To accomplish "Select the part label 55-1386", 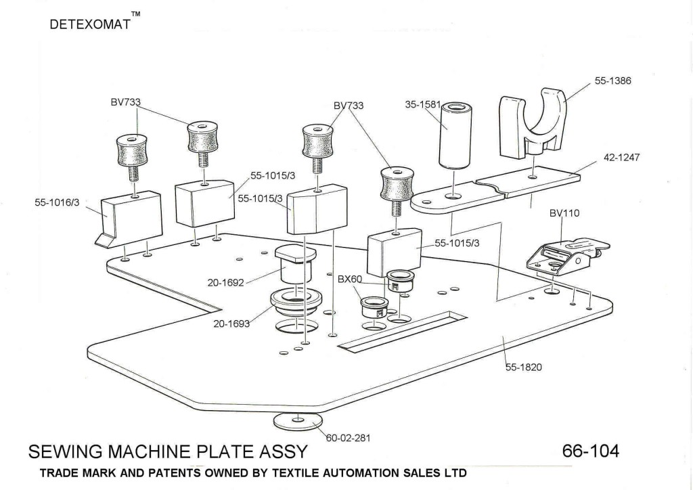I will pyautogui.click(x=612, y=81).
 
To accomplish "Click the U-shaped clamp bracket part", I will pyautogui.click(x=531, y=122).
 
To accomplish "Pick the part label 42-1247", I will pyautogui.click(x=621, y=157).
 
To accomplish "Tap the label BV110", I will pyautogui.click(x=564, y=213).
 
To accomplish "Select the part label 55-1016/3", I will pyautogui.click(x=58, y=201).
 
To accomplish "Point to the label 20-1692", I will pyautogui.click(x=225, y=282).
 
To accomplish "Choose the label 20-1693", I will pyautogui.click(x=231, y=324).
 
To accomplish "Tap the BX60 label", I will pyautogui.click(x=351, y=279).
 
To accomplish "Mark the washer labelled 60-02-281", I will pyautogui.click(x=298, y=421).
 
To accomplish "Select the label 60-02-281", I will pyautogui.click(x=348, y=438).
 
